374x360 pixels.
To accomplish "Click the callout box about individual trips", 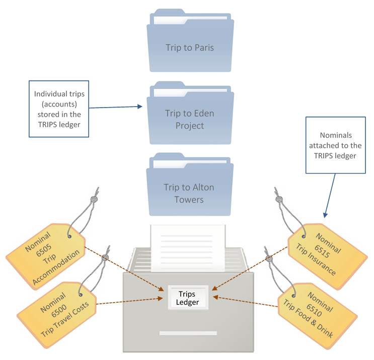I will [x=58, y=108].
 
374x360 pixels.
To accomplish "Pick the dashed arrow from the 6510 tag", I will [x=247, y=301].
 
